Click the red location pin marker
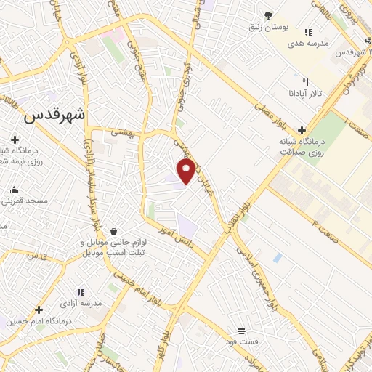tap(187, 171)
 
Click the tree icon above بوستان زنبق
tap(268, 15)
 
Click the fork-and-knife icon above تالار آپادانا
tap(305, 82)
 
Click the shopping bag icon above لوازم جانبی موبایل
tap(114, 230)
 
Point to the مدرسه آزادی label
tap(93, 302)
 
